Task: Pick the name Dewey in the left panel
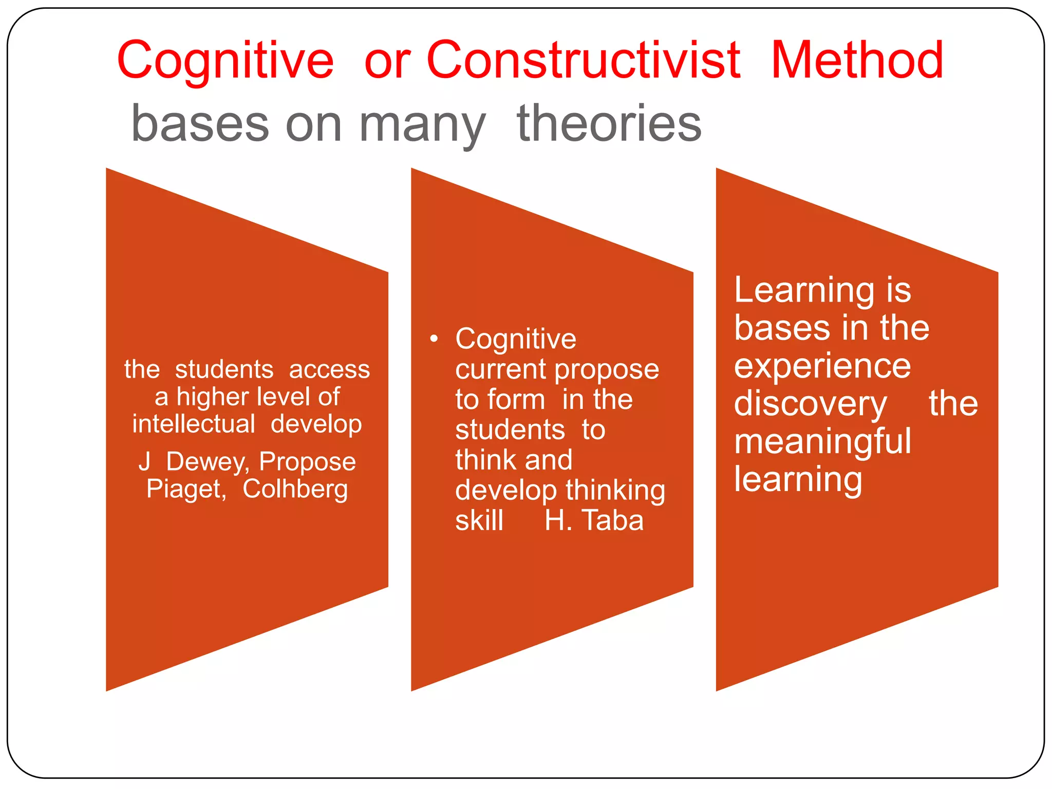[x=208, y=461]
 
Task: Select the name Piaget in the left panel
[x=186, y=489]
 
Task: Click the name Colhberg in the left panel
[x=295, y=489]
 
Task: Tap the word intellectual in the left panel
[x=194, y=424]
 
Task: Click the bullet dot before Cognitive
[x=435, y=339]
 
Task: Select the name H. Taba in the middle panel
[x=594, y=520]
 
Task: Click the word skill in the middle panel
[x=479, y=520]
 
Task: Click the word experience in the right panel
[x=822, y=366]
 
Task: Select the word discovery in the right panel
[x=810, y=404]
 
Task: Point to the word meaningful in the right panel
[x=822, y=442]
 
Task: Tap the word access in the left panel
[x=329, y=369]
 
